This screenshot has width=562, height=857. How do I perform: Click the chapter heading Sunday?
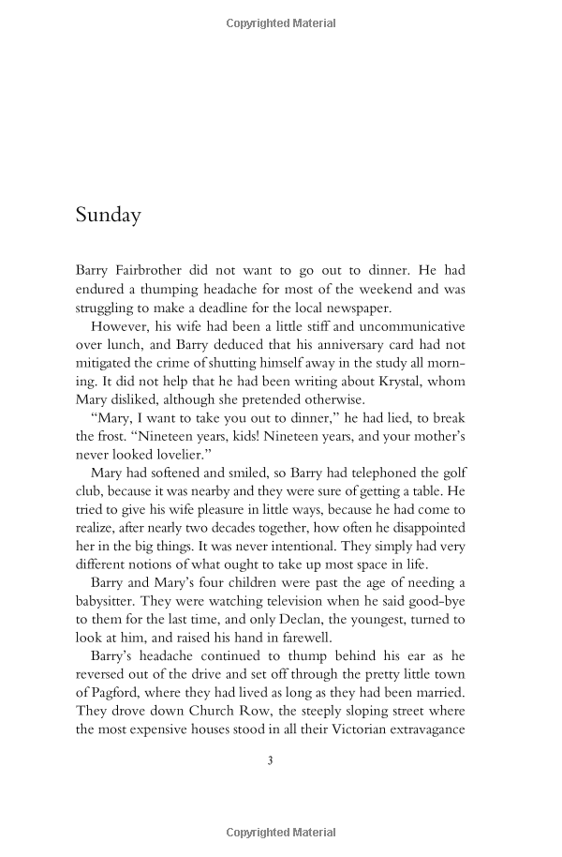click(x=108, y=215)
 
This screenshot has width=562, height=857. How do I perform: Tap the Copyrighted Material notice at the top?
click(x=281, y=23)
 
